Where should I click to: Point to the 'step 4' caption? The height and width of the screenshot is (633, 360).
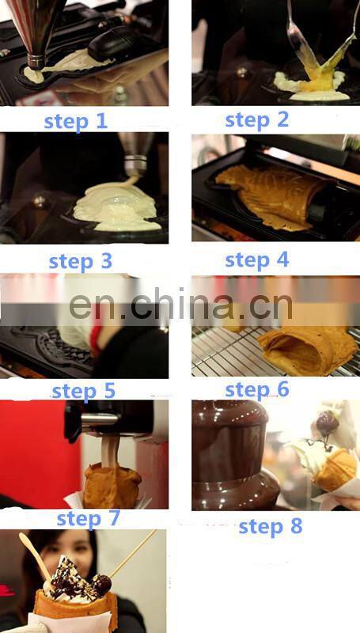tap(256, 260)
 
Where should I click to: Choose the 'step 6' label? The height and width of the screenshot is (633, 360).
tap(256, 389)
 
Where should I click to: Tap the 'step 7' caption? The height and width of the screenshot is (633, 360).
tap(88, 518)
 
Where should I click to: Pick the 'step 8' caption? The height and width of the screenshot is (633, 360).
tap(270, 526)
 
